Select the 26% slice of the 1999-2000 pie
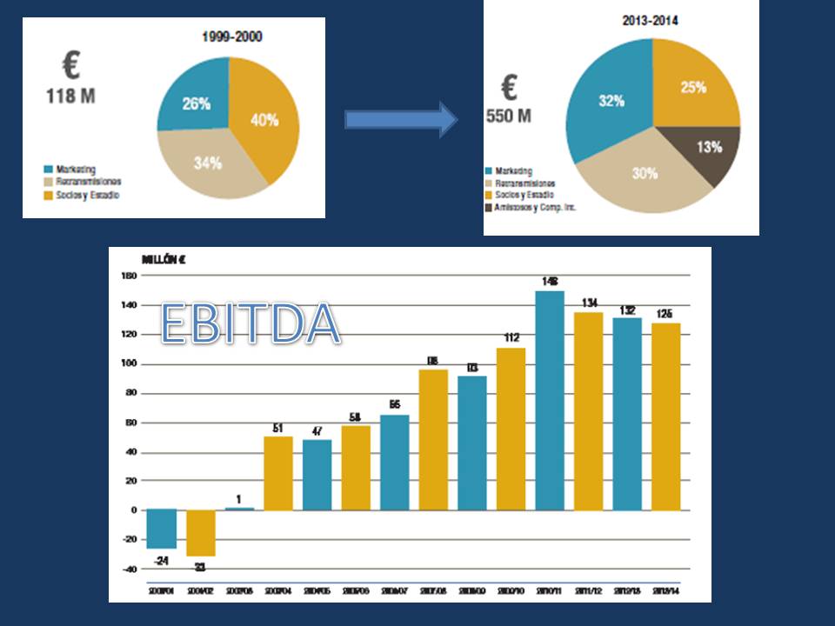tap(196, 104)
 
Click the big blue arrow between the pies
tap(400, 119)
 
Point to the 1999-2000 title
tap(232, 37)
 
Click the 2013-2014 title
tap(650, 18)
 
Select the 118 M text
tap(70, 96)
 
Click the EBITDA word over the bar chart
tap(250, 323)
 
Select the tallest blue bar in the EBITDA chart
tap(550, 400)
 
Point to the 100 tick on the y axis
tap(130, 364)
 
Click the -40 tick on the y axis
tap(129, 569)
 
